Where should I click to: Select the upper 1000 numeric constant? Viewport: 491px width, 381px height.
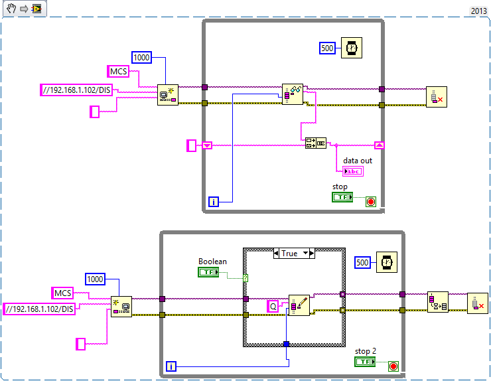pyautogui.click(x=142, y=58)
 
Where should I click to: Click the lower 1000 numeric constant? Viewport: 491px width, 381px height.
pyautogui.click(x=96, y=279)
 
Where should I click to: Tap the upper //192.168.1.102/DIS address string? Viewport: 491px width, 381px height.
pyautogui.click(x=76, y=90)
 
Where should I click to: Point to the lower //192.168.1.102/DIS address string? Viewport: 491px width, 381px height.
pyautogui.click(x=39, y=309)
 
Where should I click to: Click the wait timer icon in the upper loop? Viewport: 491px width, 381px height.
pyautogui.click(x=352, y=48)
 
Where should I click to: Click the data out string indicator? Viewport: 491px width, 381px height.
pyautogui.click(x=352, y=171)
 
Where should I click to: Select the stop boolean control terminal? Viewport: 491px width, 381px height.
pyautogui.click(x=342, y=197)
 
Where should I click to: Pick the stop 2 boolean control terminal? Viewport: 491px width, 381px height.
pyautogui.click(x=365, y=362)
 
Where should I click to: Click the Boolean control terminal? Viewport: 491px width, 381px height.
pyautogui.click(x=208, y=272)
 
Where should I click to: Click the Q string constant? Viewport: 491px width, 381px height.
pyautogui.click(x=273, y=306)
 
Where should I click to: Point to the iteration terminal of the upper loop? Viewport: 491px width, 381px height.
pyautogui.click(x=214, y=202)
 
